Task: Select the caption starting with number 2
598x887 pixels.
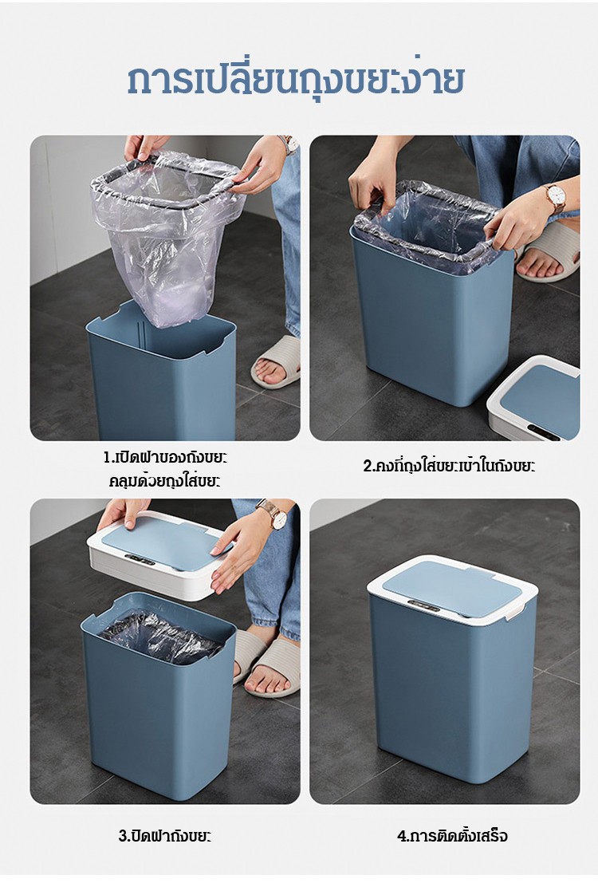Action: pos(449,466)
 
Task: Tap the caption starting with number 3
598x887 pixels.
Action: pos(165,835)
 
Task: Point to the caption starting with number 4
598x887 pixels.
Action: pos(452,835)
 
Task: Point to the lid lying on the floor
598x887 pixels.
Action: pos(534,398)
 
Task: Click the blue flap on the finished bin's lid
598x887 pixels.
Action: pos(452,589)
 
